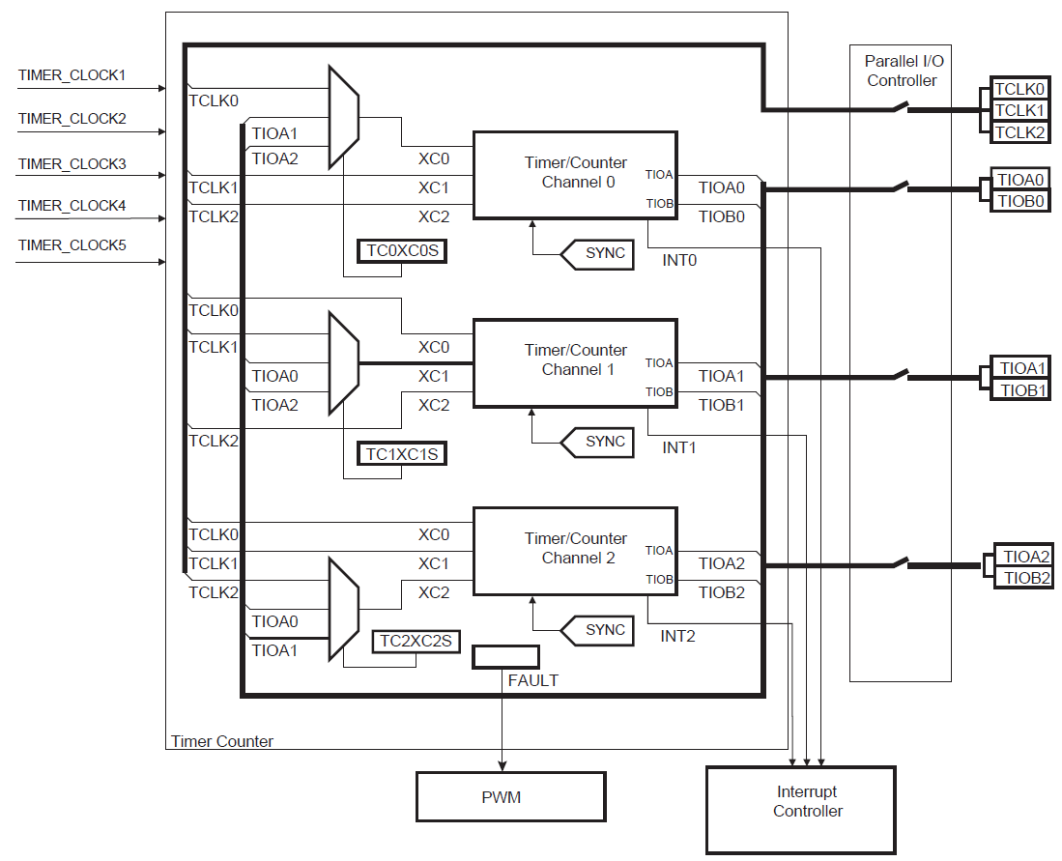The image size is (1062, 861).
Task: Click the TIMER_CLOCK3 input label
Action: pyautogui.click(x=72, y=164)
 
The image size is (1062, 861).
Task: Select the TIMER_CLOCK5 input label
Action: pyautogui.click(x=72, y=245)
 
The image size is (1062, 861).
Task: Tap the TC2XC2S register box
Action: pyautogui.click(x=416, y=641)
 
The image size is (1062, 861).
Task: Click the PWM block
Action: pyautogui.click(x=510, y=797)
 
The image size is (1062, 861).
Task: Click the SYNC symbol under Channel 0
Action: pyautogui.click(x=599, y=254)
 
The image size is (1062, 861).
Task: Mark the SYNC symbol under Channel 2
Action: pyautogui.click(x=599, y=630)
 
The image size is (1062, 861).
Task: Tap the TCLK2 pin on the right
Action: pyautogui.click(x=1019, y=132)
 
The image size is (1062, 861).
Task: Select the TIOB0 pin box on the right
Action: pyautogui.click(x=1020, y=201)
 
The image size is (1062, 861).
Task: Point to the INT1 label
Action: pyautogui.click(x=678, y=448)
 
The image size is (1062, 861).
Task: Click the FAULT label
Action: pyautogui.click(x=532, y=680)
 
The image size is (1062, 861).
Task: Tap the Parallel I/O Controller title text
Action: pyautogui.click(x=901, y=71)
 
